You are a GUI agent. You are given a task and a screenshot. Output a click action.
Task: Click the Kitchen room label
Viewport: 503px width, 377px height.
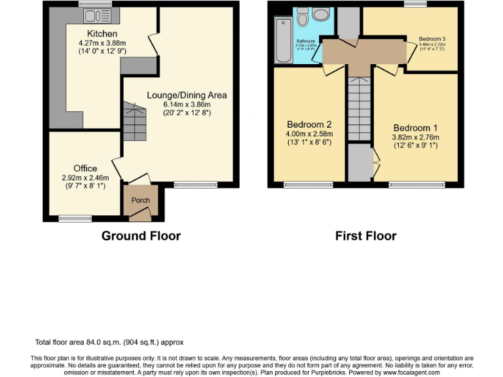tap(102, 33)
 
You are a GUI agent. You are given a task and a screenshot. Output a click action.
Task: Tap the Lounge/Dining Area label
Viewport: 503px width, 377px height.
tap(187, 95)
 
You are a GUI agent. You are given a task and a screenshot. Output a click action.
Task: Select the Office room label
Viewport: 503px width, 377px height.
tap(85, 168)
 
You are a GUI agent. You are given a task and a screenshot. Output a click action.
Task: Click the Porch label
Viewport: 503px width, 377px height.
tap(141, 200)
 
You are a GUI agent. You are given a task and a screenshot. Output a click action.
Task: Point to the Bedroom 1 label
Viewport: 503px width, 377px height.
tap(415, 128)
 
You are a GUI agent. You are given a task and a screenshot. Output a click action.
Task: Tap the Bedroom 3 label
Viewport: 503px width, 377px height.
tap(431, 39)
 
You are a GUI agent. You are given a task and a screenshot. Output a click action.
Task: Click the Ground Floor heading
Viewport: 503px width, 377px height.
tap(141, 236)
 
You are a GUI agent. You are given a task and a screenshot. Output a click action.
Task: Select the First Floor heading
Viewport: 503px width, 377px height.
tap(365, 236)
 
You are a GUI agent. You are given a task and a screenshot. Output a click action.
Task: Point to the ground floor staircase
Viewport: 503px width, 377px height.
tap(135, 118)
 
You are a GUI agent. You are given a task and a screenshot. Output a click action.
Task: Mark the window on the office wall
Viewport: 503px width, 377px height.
tap(66, 218)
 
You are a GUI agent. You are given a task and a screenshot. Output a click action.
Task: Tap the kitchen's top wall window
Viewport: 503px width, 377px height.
tap(86, 5)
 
